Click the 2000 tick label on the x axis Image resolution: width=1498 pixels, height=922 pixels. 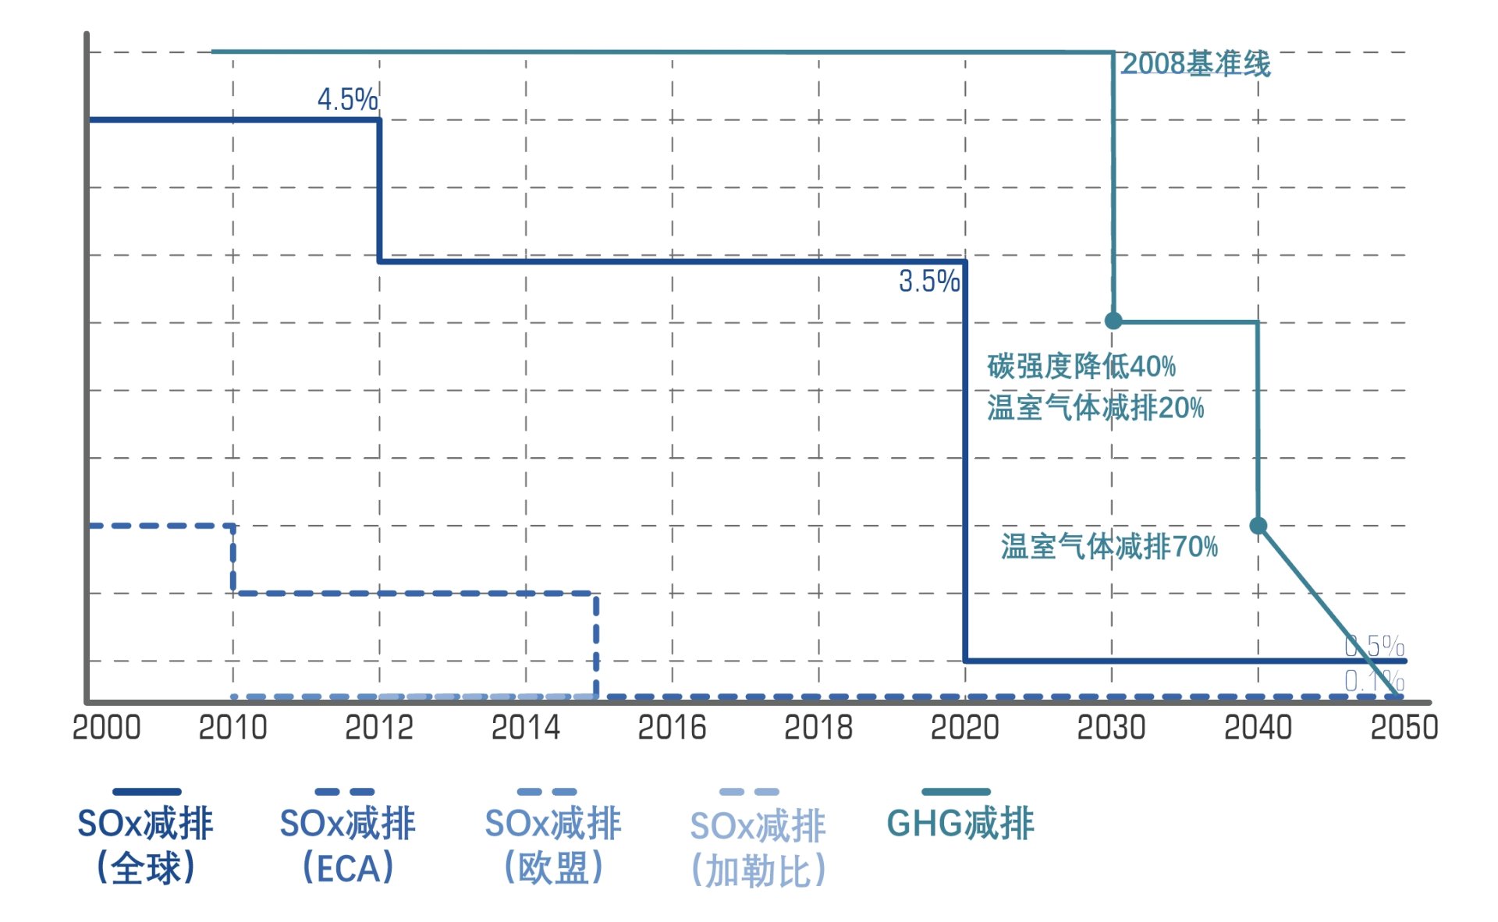pyautogui.click(x=107, y=727)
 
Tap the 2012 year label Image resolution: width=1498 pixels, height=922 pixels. pyautogui.click(x=379, y=727)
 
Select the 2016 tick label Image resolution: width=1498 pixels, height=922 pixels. pyautogui.click(x=672, y=727)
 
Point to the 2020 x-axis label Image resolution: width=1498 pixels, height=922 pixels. pyautogui.click(x=965, y=727)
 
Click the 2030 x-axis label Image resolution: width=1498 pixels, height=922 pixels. pyautogui.click(x=1112, y=727)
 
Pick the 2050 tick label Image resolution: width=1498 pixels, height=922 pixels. pyautogui.click(x=1404, y=727)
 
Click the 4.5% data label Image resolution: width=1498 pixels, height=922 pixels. pyautogui.click(x=347, y=99)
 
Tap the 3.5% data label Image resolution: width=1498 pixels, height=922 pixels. pyautogui.click(x=928, y=281)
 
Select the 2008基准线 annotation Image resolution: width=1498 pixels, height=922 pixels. pyautogui.click(x=1195, y=64)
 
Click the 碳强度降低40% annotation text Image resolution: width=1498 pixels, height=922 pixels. pyautogui.click(x=1081, y=365)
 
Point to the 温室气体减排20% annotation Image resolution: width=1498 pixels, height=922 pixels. pyautogui.click(x=1095, y=407)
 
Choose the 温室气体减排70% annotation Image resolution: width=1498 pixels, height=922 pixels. pyautogui.click(x=1109, y=546)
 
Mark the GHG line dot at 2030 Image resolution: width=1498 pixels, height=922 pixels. pyautogui.click(x=1114, y=321)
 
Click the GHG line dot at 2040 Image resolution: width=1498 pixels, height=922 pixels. pyautogui.click(x=1258, y=526)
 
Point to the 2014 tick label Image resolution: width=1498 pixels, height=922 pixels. pyautogui.click(x=526, y=727)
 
